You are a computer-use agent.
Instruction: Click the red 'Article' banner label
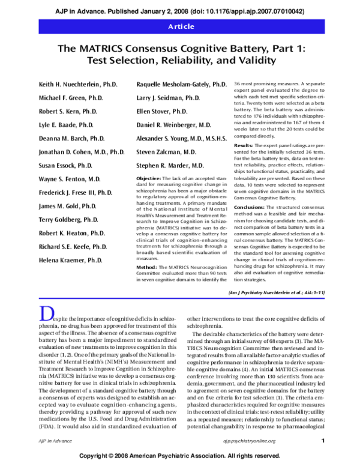click(x=180, y=26)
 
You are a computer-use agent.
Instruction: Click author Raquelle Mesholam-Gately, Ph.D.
click(x=181, y=84)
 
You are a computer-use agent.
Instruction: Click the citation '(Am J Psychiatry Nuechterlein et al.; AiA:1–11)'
click(x=277, y=292)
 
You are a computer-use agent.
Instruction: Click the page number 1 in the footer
click(x=323, y=441)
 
